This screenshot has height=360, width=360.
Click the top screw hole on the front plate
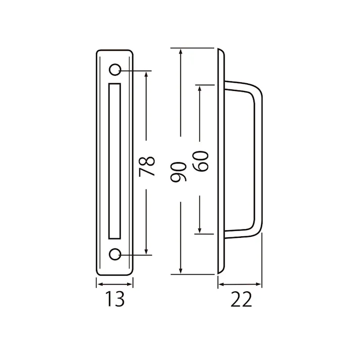116,69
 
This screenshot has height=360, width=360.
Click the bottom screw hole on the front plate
116,254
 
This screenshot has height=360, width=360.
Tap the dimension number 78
146,166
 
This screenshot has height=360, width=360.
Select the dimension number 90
180,172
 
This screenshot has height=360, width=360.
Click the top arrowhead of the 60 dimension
201,87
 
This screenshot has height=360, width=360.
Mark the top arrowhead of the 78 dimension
146,73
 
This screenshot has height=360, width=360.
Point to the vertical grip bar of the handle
259,162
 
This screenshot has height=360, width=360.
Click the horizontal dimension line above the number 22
240,285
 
